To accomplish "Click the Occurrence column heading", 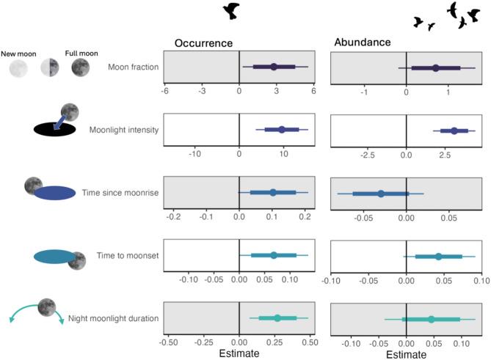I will tap(203, 43).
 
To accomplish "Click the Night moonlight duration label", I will tap(114, 319).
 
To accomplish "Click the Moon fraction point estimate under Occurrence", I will tap(274, 67).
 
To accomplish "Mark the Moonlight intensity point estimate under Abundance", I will tap(454, 131).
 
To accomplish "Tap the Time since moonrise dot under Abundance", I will tap(381, 194).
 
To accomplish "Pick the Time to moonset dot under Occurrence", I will tap(274, 255).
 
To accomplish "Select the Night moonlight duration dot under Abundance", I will tap(431, 319).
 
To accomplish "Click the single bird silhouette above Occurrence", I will tap(233, 10).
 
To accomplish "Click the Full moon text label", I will tap(80, 54).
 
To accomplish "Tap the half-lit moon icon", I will tap(50, 68).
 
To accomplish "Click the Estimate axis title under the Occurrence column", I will tap(239, 353).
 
